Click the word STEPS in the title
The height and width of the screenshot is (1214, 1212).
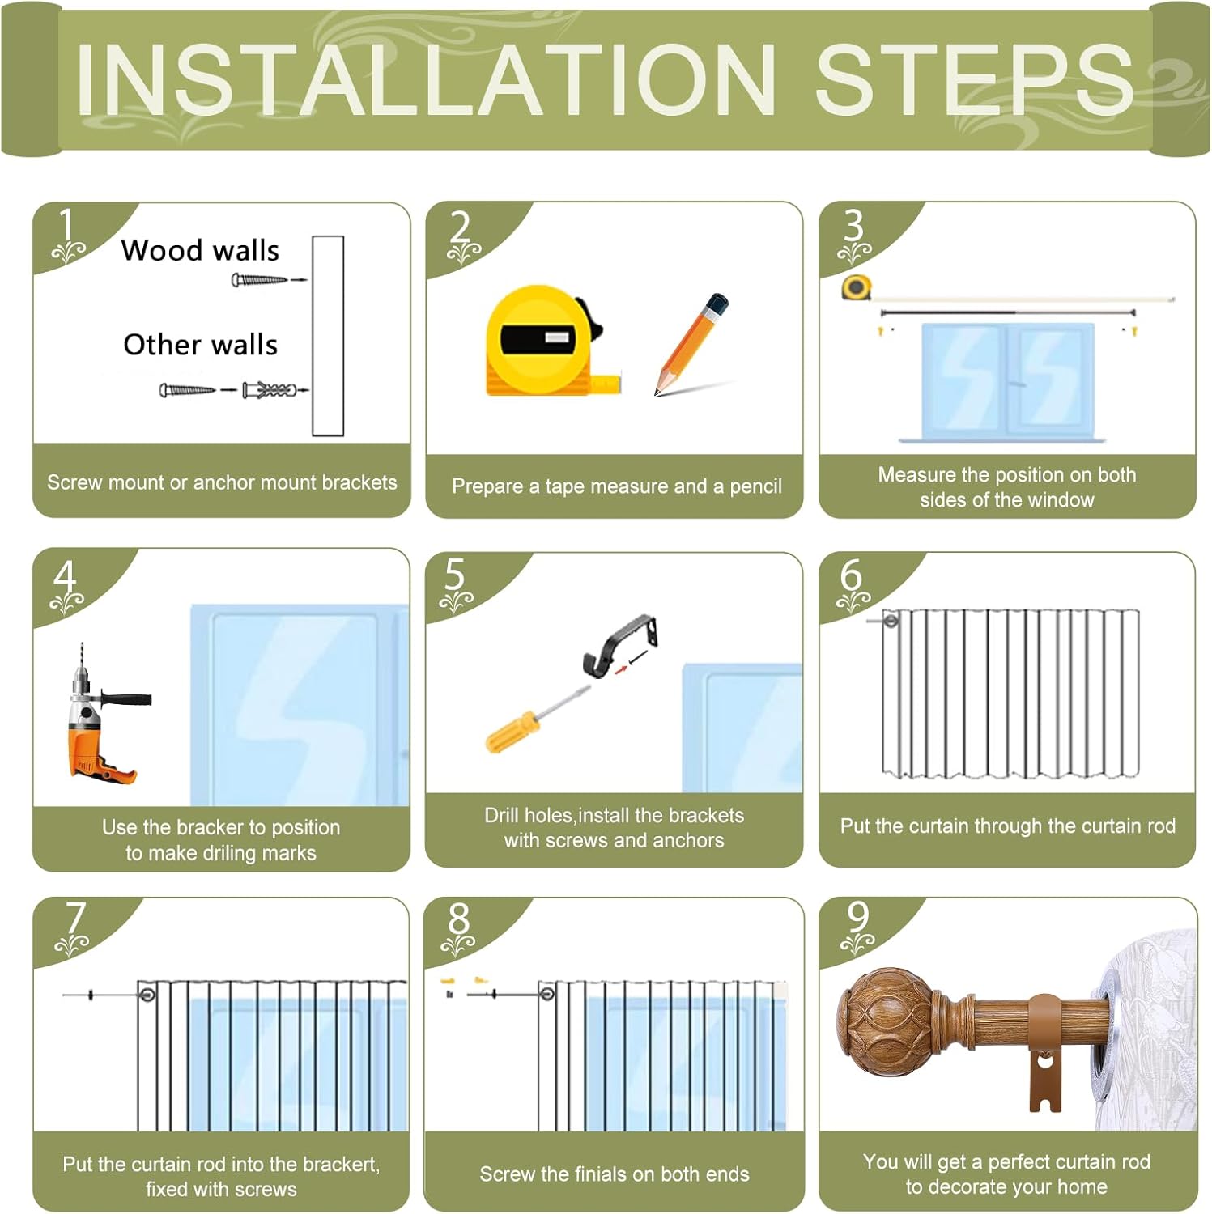coord(973,79)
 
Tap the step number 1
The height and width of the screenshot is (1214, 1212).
coord(66,225)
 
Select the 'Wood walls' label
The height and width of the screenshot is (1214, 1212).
coord(200,250)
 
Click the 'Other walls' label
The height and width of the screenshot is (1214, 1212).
coord(200,345)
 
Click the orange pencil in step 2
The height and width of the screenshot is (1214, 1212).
coord(690,344)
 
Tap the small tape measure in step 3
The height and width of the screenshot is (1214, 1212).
coord(856,287)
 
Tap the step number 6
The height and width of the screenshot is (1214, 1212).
coord(851,575)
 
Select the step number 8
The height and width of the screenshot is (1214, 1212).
coord(458,919)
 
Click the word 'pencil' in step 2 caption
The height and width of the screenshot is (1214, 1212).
coord(755,487)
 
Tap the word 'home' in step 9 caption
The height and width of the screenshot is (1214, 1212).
coord(1082,1187)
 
